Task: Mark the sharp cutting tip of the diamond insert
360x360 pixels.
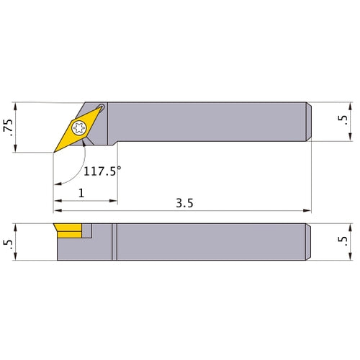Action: (53, 152)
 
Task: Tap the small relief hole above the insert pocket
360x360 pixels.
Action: (101, 109)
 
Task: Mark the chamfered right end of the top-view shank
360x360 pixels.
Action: (309, 122)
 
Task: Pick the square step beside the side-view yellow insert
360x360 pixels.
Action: (87, 231)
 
